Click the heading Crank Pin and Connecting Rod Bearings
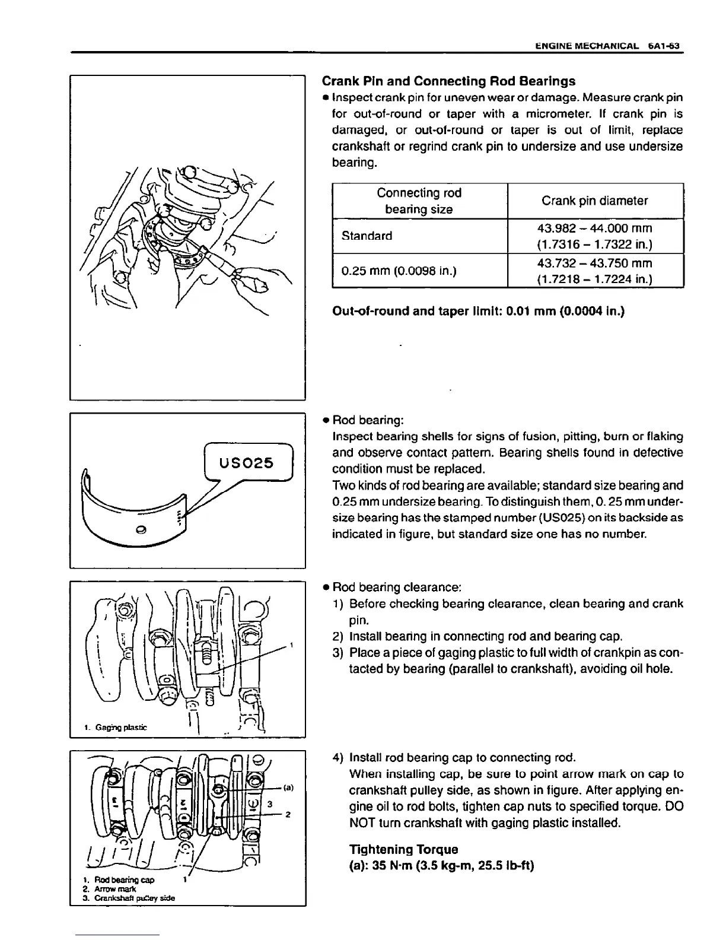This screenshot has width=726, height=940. click(448, 81)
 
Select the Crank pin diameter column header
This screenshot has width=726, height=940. click(594, 201)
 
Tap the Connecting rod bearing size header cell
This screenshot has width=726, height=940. click(419, 201)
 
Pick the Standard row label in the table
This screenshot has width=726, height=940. click(367, 236)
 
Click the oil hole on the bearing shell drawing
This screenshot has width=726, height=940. click(141, 529)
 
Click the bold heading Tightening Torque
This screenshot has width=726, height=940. click(404, 849)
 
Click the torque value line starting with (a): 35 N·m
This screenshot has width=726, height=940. click(442, 866)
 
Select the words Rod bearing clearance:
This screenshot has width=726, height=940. click(397, 587)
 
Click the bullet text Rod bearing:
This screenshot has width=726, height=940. click(368, 420)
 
